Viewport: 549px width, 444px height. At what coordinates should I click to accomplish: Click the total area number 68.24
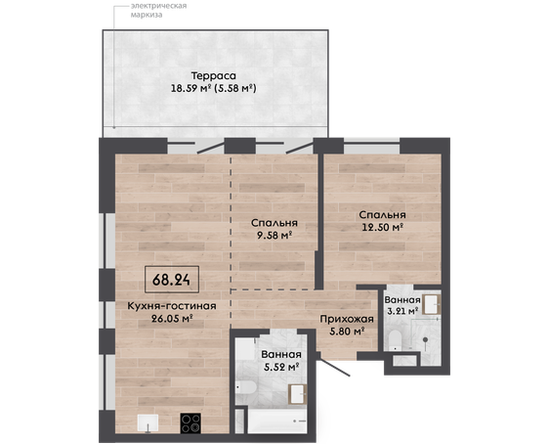171,280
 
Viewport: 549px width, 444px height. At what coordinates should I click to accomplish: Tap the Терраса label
214,75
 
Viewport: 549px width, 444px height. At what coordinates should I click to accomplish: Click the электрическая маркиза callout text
158,10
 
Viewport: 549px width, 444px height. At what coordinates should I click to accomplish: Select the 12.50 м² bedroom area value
383,227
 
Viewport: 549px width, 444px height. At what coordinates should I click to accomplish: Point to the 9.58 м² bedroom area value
274,235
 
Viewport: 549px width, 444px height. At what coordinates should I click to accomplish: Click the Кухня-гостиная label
172,306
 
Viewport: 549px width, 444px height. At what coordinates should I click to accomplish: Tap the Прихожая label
347,319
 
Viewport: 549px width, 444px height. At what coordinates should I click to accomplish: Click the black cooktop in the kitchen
190,423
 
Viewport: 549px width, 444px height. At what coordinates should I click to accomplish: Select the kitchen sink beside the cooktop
148,423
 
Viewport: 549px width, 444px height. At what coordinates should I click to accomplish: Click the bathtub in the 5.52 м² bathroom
277,421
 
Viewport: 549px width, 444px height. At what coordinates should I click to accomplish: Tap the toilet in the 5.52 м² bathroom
246,387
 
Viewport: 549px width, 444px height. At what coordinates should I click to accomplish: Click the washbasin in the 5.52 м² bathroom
297,394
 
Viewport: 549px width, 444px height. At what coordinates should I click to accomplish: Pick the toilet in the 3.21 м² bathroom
395,340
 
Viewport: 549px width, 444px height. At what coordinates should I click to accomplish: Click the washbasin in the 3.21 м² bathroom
432,304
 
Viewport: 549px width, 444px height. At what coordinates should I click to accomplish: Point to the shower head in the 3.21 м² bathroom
425,339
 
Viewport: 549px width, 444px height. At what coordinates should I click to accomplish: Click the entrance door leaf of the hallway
335,368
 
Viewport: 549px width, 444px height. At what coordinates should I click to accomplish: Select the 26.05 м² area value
173,319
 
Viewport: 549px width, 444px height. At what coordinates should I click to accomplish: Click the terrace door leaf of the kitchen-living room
210,148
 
